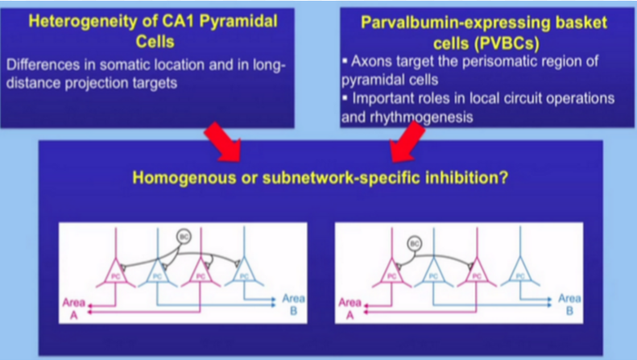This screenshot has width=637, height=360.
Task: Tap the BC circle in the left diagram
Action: tap(184, 237)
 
